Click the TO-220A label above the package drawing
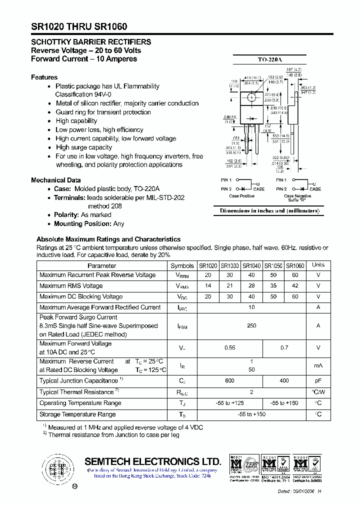268,59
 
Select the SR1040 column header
251,265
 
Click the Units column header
318,265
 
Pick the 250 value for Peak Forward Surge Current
251,325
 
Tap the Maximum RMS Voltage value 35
273,286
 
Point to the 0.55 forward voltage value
229,347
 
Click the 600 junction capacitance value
229,381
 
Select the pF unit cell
318,381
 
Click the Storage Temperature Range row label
77,414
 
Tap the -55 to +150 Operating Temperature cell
284,403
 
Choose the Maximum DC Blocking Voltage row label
81,296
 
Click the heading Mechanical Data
56,180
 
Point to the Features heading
44,77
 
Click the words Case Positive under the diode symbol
242,196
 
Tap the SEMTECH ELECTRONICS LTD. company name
152,461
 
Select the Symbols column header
182,265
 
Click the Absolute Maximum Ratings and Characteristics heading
108,239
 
